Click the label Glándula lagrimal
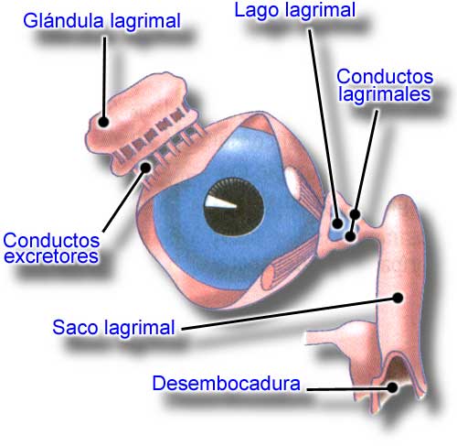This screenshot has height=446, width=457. pyautogui.click(x=101, y=21)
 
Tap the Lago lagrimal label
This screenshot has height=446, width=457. pyautogui.click(x=294, y=10)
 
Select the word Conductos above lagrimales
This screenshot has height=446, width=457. pyautogui.click(x=385, y=76)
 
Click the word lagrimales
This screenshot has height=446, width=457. pyautogui.click(x=385, y=93)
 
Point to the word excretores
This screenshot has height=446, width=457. pyautogui.click(x=51, y=256)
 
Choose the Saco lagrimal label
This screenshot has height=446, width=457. pyautogui.click(x=113, y=327)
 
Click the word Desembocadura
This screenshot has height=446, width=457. pyautogui.click(x=226, y=383)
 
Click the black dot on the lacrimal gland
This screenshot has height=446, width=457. pyautogui.click(x=103, y=122)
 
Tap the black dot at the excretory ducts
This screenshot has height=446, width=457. pyautogui.click(x=145, y=168)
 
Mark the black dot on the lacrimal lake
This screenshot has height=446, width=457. pyautogui.click(x=337, y=223)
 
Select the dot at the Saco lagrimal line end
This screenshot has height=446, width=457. pyautogui.click(x=398, y=298)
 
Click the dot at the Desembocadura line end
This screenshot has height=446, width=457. pyautogui.click(x=393, y=387)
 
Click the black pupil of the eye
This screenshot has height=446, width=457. pyautogui.click(x=234, y=207)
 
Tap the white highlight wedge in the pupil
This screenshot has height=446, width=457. pyautogui.click(x=220, y=204)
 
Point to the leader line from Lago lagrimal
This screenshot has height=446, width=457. pyautogui.click(x=324, y=126)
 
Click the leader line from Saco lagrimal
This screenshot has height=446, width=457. pyautogui.click(x=290, y=313)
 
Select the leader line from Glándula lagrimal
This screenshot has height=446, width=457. pyautogui.click(x=104, y=80)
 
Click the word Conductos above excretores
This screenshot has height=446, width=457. pyautogui.click(x=51, y=241)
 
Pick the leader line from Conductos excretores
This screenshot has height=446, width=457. pyautogui.click(x=124, y=200)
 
